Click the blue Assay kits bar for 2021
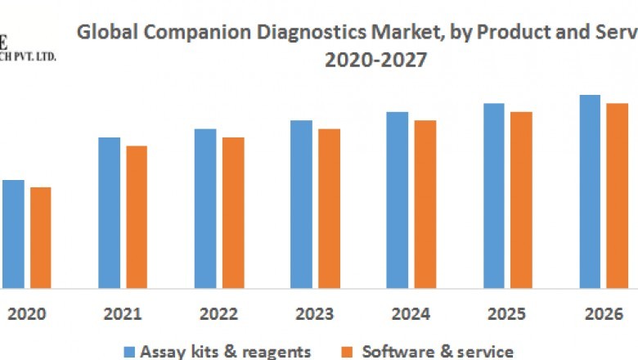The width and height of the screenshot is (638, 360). pos(109,213)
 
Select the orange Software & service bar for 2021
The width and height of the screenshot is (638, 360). pos(137,217)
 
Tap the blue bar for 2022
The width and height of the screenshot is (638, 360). pos(205,209)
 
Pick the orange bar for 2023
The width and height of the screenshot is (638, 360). pos(329,209)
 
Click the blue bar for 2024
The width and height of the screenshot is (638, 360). pos(398,200)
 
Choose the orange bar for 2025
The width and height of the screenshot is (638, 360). pos(521,200)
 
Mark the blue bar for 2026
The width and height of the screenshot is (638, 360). pos(590,191)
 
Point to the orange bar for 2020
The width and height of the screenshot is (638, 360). pos(40,237)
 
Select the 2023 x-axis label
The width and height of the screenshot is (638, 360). pos(315,313)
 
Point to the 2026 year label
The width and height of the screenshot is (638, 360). pos(603,313)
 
